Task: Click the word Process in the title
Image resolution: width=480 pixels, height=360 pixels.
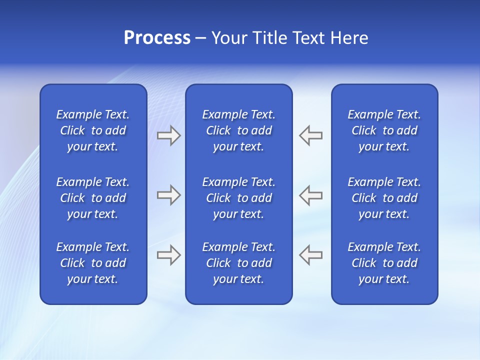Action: point(157,38)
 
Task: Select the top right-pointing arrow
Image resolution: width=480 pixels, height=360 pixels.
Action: point(168,135)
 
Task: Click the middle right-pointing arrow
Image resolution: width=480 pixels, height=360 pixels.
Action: point(168,195)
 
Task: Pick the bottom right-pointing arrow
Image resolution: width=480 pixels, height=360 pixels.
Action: point(168,255)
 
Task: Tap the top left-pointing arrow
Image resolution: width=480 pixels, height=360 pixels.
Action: point(311,135)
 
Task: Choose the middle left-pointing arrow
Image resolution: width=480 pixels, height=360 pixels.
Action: point(311,195)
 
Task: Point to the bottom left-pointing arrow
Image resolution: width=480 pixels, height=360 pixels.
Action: point(311,255)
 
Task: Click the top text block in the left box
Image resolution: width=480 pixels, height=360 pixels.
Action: point(93,130)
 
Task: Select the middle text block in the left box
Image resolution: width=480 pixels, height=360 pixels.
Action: point(93,198)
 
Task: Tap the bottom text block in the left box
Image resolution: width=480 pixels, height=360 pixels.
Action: point(93,263)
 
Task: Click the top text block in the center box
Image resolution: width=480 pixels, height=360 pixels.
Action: point(238,130)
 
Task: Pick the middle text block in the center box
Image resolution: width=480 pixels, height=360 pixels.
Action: point(238,198)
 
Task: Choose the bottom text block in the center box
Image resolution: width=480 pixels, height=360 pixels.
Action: point(238,263)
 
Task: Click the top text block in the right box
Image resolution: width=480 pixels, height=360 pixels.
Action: point(384,130)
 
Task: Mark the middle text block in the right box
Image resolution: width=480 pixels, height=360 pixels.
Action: point(384,198)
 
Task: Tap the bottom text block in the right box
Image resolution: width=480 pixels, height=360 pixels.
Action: point(384,263)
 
